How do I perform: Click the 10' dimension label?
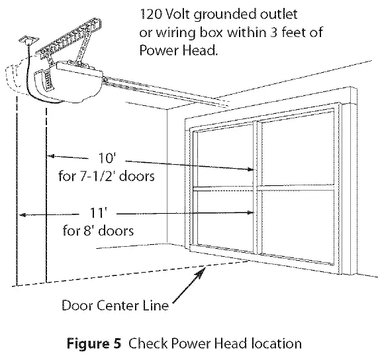(107, 158)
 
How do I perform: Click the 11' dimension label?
(99, 213)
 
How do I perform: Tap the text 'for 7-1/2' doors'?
(107, 176)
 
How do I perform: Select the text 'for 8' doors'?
(98, 230)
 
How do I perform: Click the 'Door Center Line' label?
(115, 305)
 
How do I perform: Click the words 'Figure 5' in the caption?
(94, 343)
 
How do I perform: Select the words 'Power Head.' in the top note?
(178, 50)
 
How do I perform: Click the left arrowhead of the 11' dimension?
(23, 215)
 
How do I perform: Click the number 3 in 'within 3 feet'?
(273, 32)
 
